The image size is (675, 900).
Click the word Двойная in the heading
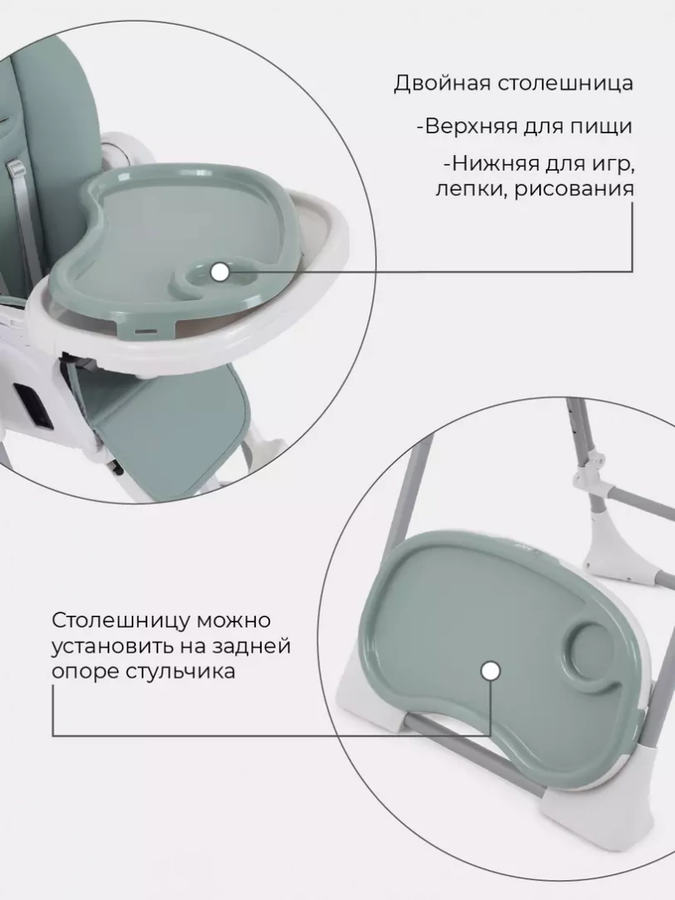pos(442,84)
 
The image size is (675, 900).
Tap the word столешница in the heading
pos(565,83)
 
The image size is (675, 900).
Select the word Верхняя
pos(471,127)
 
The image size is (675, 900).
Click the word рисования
pos(573,189)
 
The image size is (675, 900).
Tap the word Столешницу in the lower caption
pos(121,622)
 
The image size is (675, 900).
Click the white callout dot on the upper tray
pos(218,272)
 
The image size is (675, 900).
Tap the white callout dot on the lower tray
pos(490,671)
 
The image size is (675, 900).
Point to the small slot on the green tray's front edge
pos(147,331)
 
